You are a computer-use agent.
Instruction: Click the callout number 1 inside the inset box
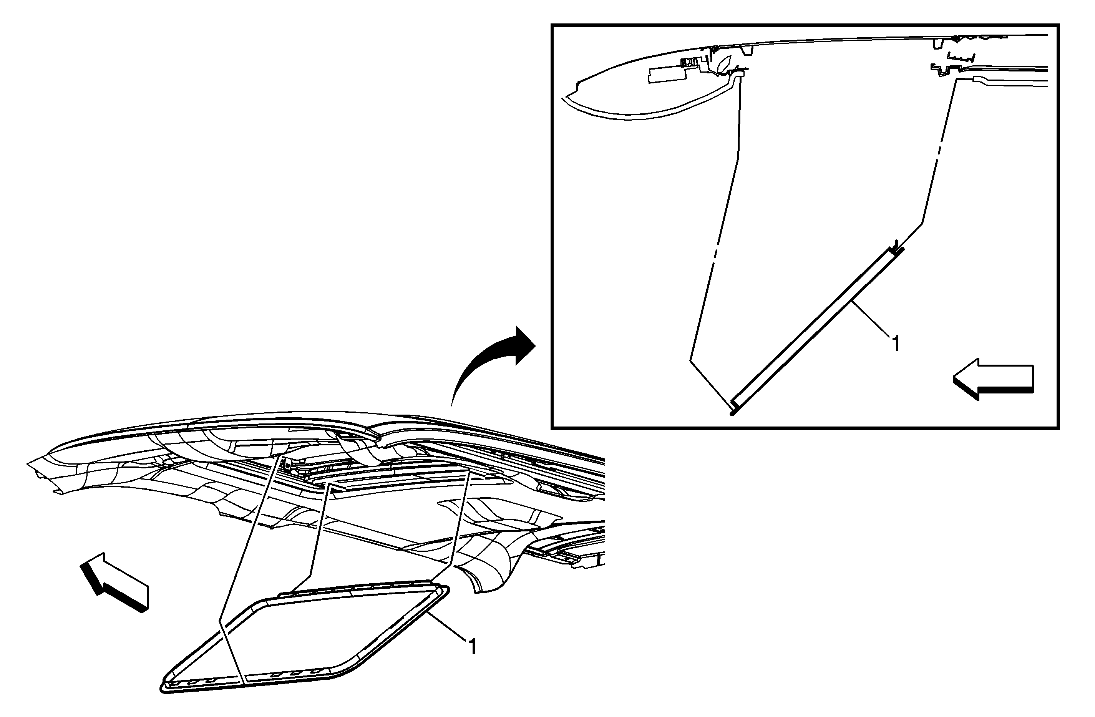point(895,344)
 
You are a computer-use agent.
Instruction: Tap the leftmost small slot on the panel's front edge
point(175,684)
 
